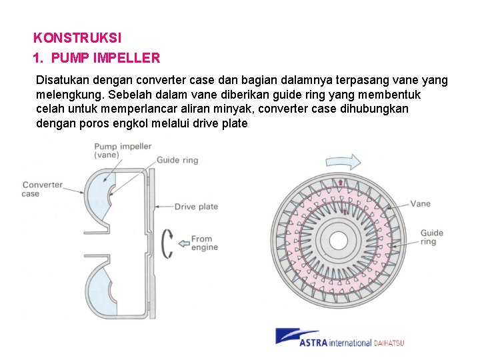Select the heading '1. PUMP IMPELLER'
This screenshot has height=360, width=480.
tap(97, 58)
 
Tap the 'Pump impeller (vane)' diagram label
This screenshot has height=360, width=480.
tap(123, 150)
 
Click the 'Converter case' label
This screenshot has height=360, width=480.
tap(42, 189)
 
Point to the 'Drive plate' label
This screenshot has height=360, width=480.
tap(196, 207)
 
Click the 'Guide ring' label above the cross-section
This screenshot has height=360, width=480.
tap(177, 161)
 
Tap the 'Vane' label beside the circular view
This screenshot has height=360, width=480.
tap(420, 204)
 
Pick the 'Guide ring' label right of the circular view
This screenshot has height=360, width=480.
tap(431, 237)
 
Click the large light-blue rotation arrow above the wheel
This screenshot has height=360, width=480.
tap(343, 161)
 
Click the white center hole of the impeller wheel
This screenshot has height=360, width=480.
tap(343, 239)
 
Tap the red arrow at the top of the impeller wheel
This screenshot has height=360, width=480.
tap(341, 182)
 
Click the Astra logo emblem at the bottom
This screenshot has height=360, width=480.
tap(287, 336)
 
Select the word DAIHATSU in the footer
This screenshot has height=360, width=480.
tap(388, 343)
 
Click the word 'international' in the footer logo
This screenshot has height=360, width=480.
tap(348, 343)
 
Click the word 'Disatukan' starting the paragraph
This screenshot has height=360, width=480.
tap(64, 80)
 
